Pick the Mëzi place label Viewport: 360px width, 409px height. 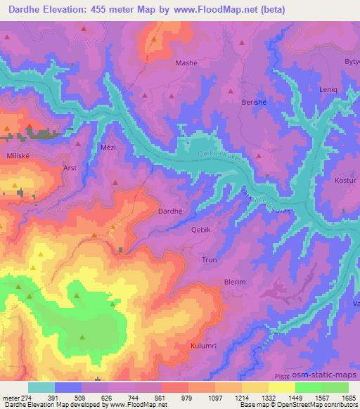click(x=108, y=148)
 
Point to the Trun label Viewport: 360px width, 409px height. click(x=210, y=259)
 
